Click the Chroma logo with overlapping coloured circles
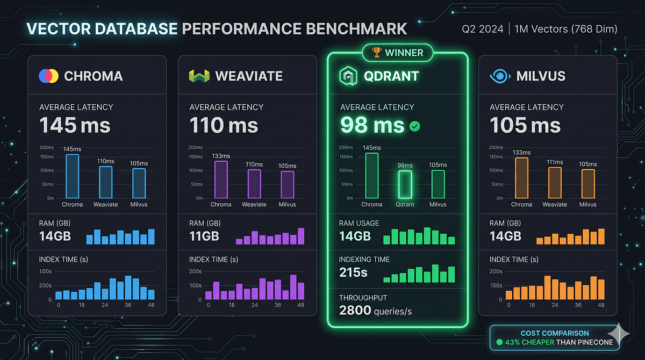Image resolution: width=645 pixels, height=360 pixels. pyautogui.click(x=48, y=76)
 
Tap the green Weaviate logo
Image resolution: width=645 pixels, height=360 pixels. pyautogui.click(x=198, y=76)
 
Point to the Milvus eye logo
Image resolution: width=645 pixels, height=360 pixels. pyautogui.click(x=500, y=76)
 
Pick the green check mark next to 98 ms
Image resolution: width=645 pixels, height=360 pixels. pyautogui.click(x=415, y=126)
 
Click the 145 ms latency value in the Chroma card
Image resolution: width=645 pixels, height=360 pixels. pyautogui.click(x=75, y=126)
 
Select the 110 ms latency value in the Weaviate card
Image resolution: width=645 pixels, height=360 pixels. pyautogui.click(x=224, y=126)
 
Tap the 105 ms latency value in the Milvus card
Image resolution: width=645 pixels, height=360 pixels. pyautogui.click(x=525, y=126)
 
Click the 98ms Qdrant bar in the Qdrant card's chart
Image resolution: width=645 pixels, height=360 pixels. pyautogui.click(x=405, y=184)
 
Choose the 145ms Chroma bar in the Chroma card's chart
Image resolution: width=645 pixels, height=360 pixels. pyautogui.click(x=72, y=176)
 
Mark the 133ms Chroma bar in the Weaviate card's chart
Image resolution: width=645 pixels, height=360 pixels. pyautogui.click(x=221, y=179)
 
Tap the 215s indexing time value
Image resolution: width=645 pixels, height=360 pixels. pyautogui.click(x=353, y=272)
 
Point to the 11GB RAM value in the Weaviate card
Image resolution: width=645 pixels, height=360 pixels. pyautogui.click(x=204, y=236)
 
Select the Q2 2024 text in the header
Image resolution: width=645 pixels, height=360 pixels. pyautogui.click(x=483, y=29)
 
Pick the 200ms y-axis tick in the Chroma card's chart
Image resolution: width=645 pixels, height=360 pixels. pyautogui.click(x=47, y=147)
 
